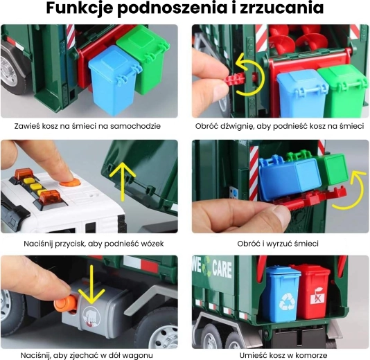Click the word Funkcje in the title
tap(79, 8)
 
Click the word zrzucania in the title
tap(282, 8)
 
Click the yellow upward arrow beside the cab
tap(123, 181)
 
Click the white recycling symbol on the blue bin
tap(287, 301)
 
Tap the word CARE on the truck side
tap(222, 269)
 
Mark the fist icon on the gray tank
tap(91, 316)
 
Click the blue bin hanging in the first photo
tap(112, 80)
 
